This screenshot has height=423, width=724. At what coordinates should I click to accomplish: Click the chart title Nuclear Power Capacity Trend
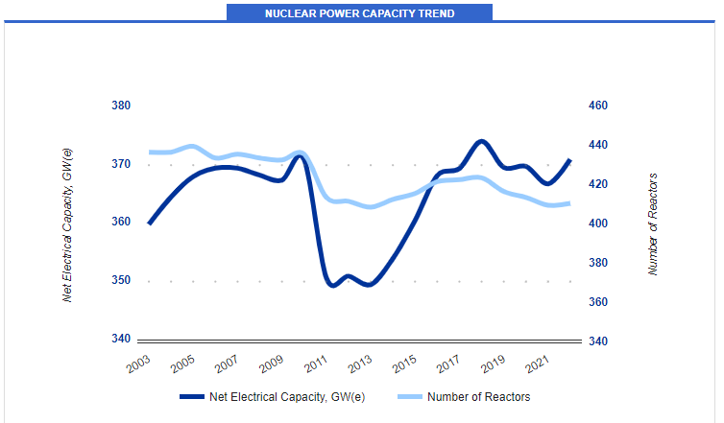point(359,13)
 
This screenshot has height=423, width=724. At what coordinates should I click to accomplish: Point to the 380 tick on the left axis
point(120,106)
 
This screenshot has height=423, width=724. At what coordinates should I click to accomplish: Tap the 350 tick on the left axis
point(120,280)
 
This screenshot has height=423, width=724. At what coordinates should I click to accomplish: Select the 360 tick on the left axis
point(120,222)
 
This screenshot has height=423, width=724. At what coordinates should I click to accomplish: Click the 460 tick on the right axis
point(598,106)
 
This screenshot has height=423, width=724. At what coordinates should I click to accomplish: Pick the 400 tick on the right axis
point(598,223)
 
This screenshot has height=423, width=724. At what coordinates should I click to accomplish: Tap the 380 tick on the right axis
point(598,263)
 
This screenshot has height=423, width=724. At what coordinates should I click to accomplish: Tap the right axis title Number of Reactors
point(653,224)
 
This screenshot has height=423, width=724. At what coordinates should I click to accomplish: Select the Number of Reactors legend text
point(478,396)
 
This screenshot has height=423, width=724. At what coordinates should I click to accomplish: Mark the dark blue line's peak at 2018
point(482,141)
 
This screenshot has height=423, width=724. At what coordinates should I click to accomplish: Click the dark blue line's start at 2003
point(149,223)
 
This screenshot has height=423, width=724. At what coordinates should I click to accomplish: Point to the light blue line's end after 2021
point(569,203)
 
